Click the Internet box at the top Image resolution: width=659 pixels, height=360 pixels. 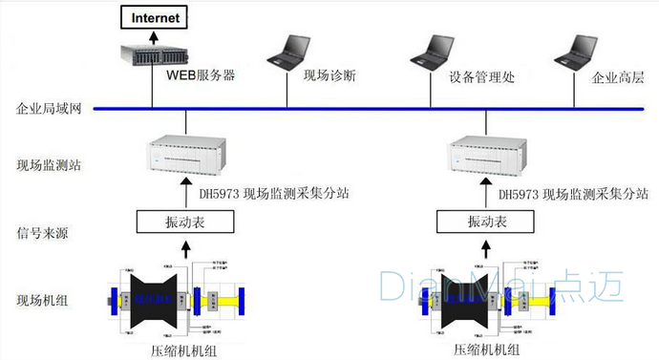[x=154, y=16]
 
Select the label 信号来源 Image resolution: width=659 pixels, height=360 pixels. [x=42, y=232]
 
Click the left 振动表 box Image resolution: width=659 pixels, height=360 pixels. [x=185, y=222]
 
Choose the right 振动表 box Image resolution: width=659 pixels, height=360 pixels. [x=485, y=222]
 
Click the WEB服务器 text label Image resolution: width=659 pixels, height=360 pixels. [x=201, y=74]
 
